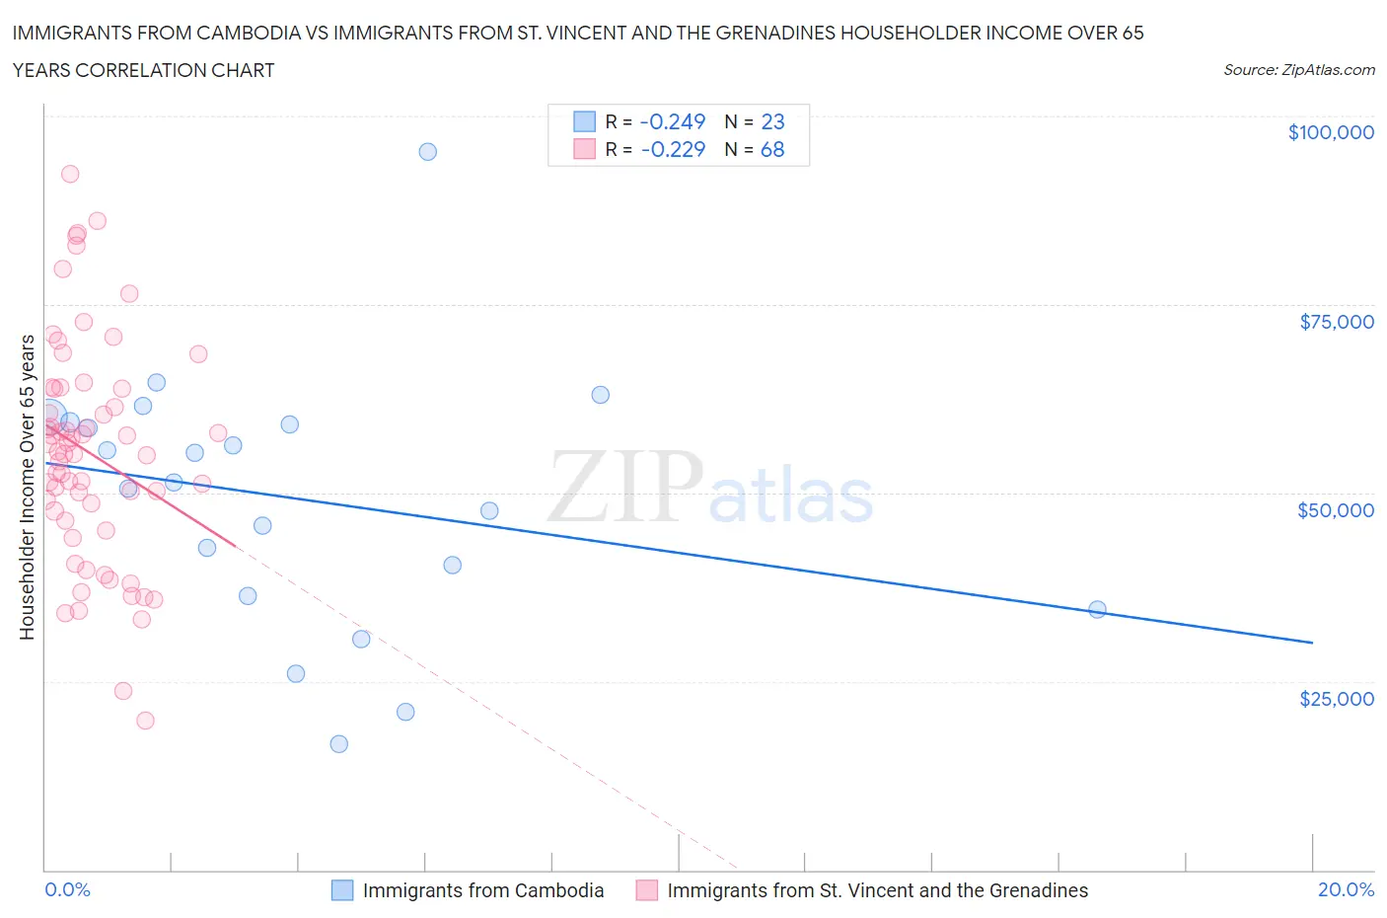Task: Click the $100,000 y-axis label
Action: coord(1330,132)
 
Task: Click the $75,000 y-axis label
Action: coord(1336,322)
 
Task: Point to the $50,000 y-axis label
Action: coord(1335,510)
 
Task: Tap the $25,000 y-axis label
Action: coord(1336,699)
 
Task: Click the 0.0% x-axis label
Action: coord(67,889)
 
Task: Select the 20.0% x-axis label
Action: coord(1346,889)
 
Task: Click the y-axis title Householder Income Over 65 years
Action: coord(28,487)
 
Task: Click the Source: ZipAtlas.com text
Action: coord(1298,70)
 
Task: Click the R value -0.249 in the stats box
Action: coord(672,121)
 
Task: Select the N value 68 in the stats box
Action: coord(772,149)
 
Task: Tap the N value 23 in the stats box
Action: coord(772,121)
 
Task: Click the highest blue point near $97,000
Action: coord(427,151)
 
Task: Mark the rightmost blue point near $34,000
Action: coord(1097,609)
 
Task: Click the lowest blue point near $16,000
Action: coord(338,743)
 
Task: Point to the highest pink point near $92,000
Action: coord(70,174)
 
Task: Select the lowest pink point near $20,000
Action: coord(145,721)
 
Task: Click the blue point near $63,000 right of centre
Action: coord(600,395)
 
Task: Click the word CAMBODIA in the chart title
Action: coord(251,34)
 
